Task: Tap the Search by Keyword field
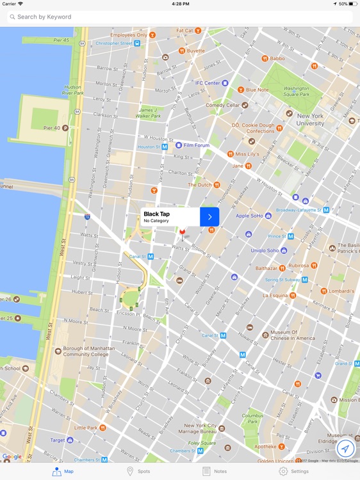click(179, 17)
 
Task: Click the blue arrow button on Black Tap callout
click(209, 217)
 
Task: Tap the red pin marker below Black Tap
click(182, 232)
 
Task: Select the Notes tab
click(215, 471)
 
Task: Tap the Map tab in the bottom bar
click(63, 471)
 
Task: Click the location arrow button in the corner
click(345, 448)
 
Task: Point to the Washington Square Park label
click(296, 92)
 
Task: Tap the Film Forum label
click(197, 145)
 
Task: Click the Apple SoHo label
click(249, 216)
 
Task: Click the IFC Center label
click(208, 83)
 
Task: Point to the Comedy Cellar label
click(222, 105)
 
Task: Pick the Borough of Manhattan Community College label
click(85, 353)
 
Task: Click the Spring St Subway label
click(282, 280)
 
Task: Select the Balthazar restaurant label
click(265, 268)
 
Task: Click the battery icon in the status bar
click(352, 4)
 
